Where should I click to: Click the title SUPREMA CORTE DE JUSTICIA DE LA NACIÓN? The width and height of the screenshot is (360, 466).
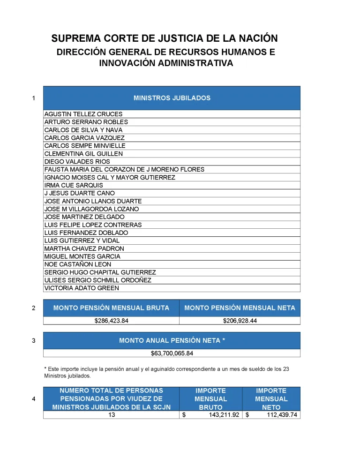click(x=165, y=38)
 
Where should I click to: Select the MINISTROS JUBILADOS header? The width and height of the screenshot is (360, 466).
click(x=172, y=98)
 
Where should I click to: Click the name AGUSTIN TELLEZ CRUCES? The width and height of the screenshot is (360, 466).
click(x=83, y=114)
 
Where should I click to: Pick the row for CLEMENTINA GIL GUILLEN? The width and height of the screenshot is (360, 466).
click(x=83, y=154)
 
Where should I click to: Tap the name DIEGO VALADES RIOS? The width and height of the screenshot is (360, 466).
click(x=77, y=162)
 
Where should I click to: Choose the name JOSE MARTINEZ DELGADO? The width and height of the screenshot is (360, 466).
click(x=84, y=217)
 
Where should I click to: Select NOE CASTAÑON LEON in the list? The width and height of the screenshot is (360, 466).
click(x=78, y=264)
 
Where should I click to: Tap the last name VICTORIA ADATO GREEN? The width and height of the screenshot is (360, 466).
click(x=82, y=288)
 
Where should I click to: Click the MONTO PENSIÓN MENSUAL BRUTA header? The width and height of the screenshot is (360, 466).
click(x=111, y=308)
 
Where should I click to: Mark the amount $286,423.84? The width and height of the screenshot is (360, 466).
click(x=111, y=321)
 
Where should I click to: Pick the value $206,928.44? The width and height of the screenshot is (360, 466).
click(x=240, y=321)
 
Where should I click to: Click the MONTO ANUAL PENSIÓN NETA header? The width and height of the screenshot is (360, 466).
click(x=172, y=340)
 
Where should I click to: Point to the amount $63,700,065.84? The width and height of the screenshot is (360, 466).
click(x=172, y=353)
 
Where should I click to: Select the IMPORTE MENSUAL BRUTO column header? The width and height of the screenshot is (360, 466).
click(x=210, y=399)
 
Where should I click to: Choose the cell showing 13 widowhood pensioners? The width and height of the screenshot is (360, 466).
click(x=112, y=415)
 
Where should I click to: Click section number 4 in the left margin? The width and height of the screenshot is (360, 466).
click(x=33, y=399)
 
